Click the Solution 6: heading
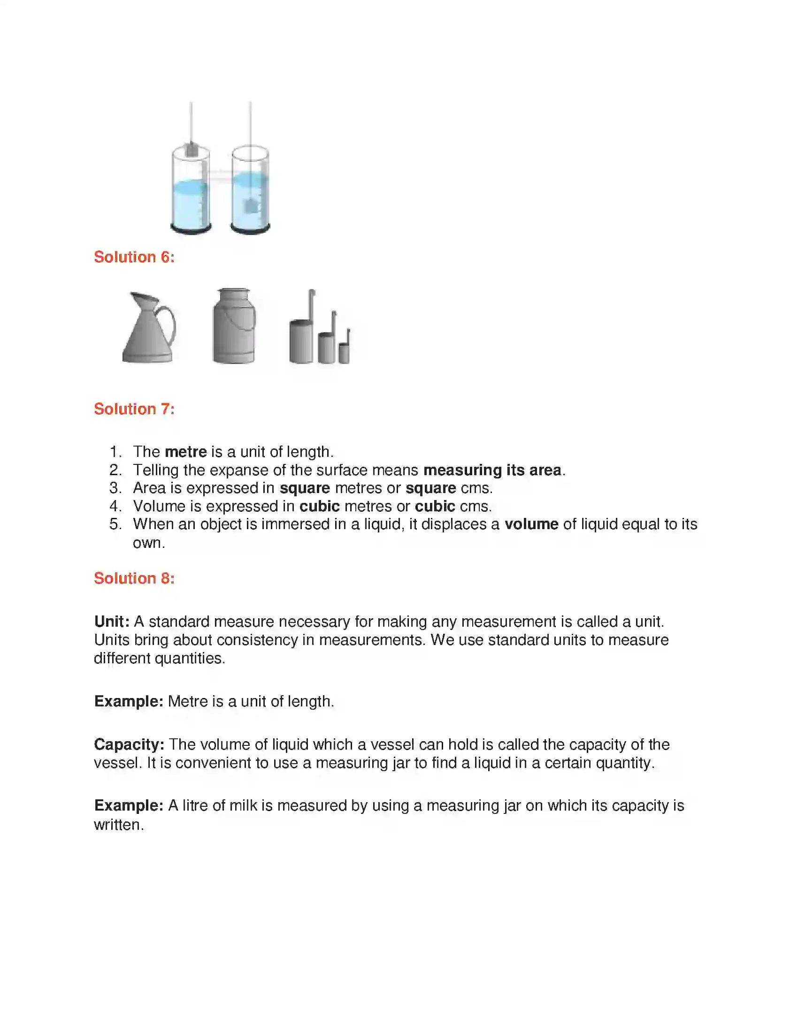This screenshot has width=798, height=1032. pyautogui.click(x=134, y=257)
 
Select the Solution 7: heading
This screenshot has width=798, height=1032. pyautogui.click(x=134, y=409)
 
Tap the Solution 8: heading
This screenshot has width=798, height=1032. pyautogui.click(x=134, y=578)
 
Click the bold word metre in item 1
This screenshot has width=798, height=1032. pyautogui.click(x=185, y=452)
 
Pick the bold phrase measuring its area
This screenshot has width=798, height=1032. pyautogui.click(x=491, y=470)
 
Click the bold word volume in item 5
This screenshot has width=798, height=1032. pyautogui.click(x=531, y=524)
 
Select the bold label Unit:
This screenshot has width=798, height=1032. pyautogui.click(x=112, y=622)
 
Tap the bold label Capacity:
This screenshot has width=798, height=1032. pyautogui.click(x=129, y=744)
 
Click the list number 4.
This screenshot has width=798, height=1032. pyautogui.click(x=115, y=506)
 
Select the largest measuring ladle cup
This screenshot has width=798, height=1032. pyautogui.click(x=301, y=341)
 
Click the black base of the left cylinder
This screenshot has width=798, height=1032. pyautogui.click(x=191, y=229)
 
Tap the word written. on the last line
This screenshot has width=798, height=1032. pyautogui.click(x=119, y=825)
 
